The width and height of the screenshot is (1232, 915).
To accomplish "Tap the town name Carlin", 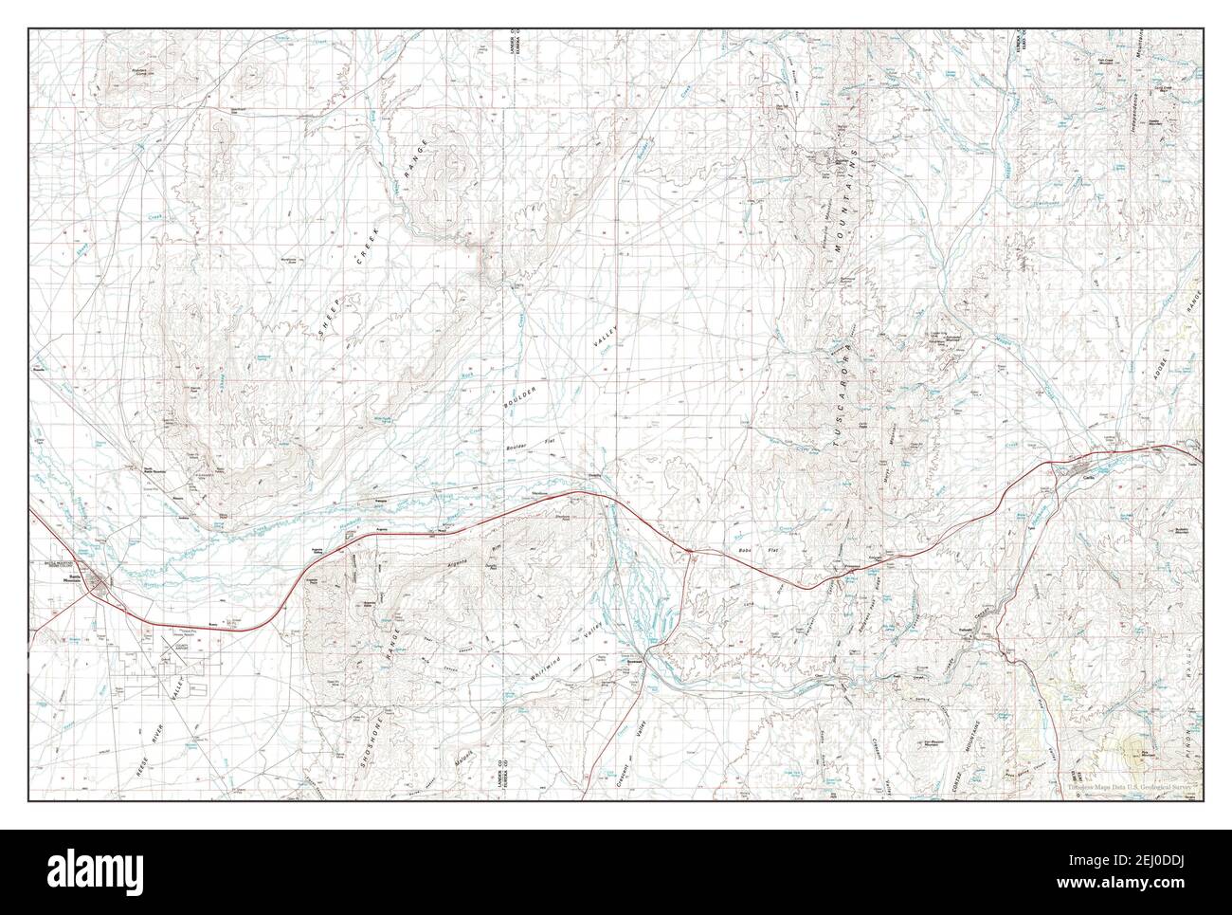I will click(x=1088, y=479).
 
